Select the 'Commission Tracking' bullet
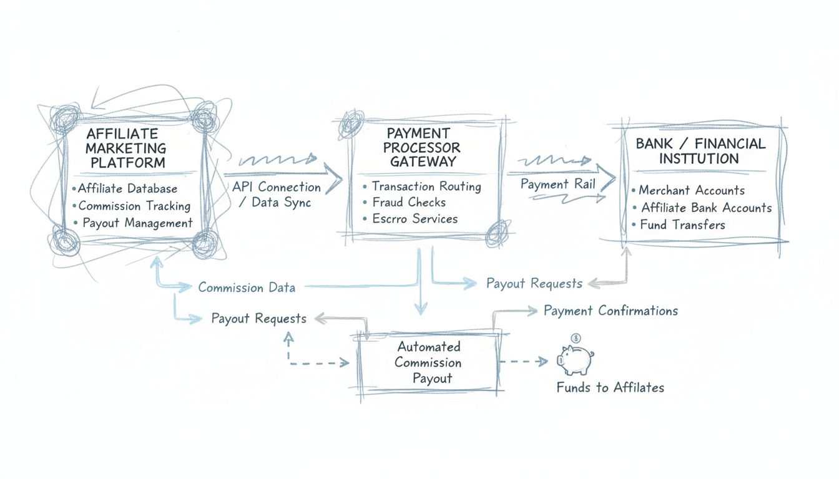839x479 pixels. (134, 206)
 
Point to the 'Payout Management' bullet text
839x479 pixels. (137, 223)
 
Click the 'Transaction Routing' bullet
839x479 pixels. (426, 186)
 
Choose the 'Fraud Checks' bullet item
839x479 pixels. (408, 202)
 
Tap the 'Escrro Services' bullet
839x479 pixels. (415, 219)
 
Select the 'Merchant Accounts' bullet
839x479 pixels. (691, 190)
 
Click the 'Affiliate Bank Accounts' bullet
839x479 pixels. (706, 208)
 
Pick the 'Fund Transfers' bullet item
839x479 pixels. (682, 225)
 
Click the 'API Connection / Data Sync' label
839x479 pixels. (277, 195)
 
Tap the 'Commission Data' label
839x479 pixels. (247, 288)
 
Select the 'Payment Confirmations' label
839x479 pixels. (611, 311)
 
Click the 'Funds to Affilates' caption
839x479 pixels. (610, 387)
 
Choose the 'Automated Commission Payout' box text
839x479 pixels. (428, 362)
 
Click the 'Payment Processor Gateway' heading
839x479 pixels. (422, 148)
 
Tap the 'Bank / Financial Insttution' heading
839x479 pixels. (700, 151)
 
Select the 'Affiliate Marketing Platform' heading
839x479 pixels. (126, 148)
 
